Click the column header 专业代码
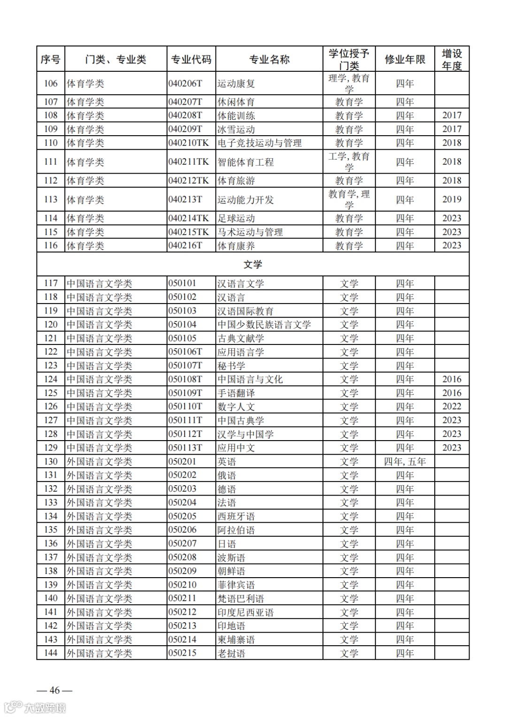pyautogui.click(x=191, y=60)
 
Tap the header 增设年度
pyautogui.click(x=452, y=60)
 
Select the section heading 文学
pyautogui.click(x=253, y=265)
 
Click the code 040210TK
pyautogui.click(x=189, y=143)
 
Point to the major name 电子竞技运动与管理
pyautogui.click(x=260, y=143)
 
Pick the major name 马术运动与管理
pyautogui.click(x=250, y=232)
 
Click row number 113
pyautogui.click(x=51, y=199)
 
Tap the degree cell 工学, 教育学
pyautogui.click(x=349, y=162)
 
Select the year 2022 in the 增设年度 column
pyautogui.click(x=452, y=406)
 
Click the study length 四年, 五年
pyautogui.click(x=405, y=462)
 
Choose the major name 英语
pyautogui.click(x=227, y=462)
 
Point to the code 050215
pyautogui.click(x=183, y=653)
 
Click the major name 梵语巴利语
pyautogui.click(x=241, y=599)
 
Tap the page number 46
pyautogui.click(x=54, y=690)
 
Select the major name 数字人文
pyautogui.click(x=236, y=407)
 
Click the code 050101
pyautogui.click(x=183, y=283)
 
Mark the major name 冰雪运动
pyautogui.click(x=236, y=130)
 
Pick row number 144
pyautogui.click(x=51, y=653)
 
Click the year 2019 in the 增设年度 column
pyautogui.click(x=452, y=199)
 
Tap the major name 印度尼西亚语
pyautogui.click(x=246, y=612)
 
